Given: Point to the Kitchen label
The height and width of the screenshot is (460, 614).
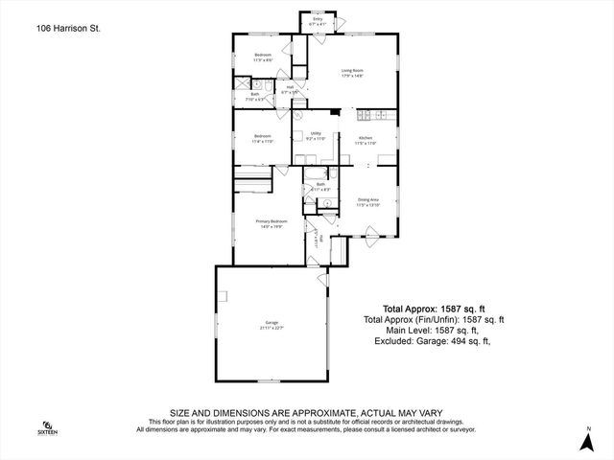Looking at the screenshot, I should coord(366,139).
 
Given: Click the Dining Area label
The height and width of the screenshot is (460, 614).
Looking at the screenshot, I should coord(368,199).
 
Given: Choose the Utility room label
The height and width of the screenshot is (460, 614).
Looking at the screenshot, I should coord(316,134).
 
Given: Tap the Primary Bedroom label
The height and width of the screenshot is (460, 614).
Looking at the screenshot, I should coord(272,221).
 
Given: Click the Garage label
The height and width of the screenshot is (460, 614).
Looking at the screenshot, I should coord(272,323).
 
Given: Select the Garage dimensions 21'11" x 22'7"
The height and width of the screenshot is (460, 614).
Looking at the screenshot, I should coord(272,329).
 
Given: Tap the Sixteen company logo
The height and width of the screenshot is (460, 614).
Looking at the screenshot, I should coord(47,426).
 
